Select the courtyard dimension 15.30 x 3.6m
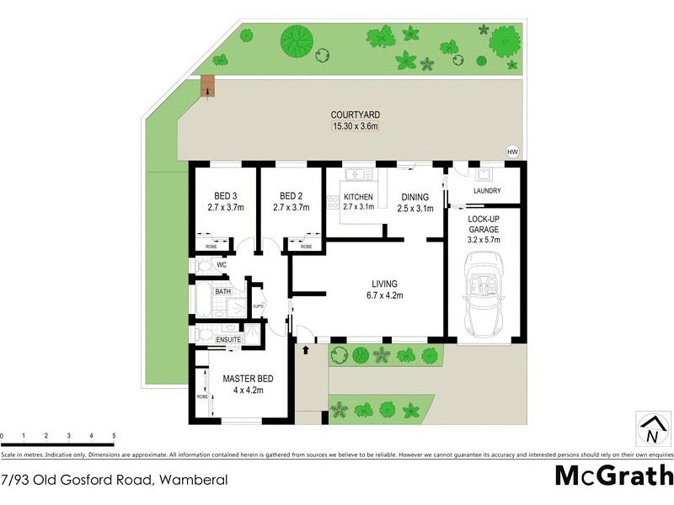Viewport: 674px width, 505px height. pos(355,127)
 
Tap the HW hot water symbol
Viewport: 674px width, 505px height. pos(511,151)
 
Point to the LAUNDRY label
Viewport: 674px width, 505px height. pos(487,191)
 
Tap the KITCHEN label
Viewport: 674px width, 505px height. pos(358,197)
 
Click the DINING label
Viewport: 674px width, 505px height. pos(416,197)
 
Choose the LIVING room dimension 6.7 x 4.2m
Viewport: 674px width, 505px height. pos(383,295)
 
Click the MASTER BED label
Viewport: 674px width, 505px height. pos(243,379)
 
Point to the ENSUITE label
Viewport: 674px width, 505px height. pos(228,339)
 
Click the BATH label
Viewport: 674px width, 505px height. pos(222,292)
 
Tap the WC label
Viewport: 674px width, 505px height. pos(222,265)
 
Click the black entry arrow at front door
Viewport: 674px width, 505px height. pos(305,347)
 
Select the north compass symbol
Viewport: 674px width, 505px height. pos(651,429)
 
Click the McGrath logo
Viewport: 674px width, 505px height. pos(612,476)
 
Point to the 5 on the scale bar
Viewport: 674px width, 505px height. pos(114,436)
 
